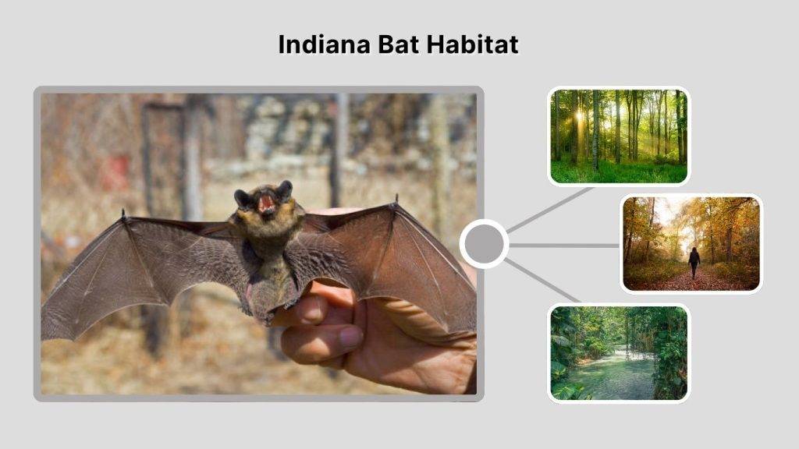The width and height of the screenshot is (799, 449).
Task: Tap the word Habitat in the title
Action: [x=473, y=44]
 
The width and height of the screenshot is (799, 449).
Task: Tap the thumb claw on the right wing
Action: [x=396, y=199]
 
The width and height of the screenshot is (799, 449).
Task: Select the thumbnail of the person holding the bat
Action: [x=258, y=244]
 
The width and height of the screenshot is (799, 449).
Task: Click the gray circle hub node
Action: [x=484, y=244]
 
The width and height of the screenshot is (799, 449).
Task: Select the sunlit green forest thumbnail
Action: [x=619, y=136]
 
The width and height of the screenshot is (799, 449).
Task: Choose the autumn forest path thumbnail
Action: [x=691, y=243]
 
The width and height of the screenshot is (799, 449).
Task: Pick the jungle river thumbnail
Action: [x=619, y=352]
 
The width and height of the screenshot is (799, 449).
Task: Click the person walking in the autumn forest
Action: [x=693, y=261]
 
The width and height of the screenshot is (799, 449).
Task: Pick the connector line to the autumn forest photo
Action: [x=566, y=245]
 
